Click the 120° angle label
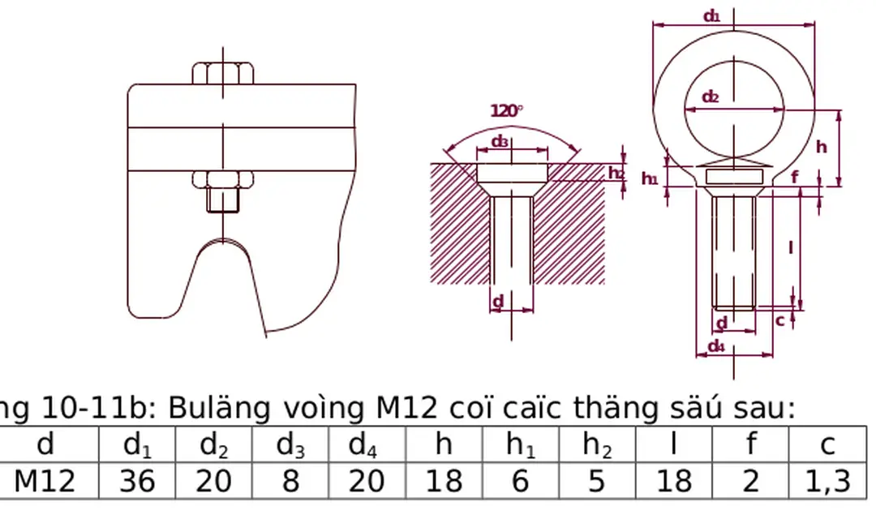pyautogui.click(x=507, y=111)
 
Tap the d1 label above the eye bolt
pyautogui.click(x=711, y=15)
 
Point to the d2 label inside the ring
pyautogui.click(x=711, y=97)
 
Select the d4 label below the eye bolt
pyautogui.click(x=715, y=346)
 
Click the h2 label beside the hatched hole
pyautogui.click(x=616, y=173)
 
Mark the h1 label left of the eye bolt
pyautogui.click(x=650, y=179)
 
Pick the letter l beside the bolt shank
pyautogui.click(x=791, y=247)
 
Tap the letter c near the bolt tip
pyautogui.click(x=780, y=320)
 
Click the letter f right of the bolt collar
pyautogui.click(x=794, y=177)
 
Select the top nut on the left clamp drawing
pyautogui.click(x=223, y=73)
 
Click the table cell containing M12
pyautogui.click(x=45, y=482)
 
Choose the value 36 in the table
pyautogui.click(x=137, y=482)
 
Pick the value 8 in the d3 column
pyautogui.click(x=290, y=482)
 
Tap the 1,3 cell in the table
pyautogui.click(x=827, y=482)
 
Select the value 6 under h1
pyautogui.click(x=520, y=482)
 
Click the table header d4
pyautogui.click(x=367, y=445)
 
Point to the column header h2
pyautogui.click(x=596, y=445)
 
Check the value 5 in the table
pyautogui.click(x=596, y=482)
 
